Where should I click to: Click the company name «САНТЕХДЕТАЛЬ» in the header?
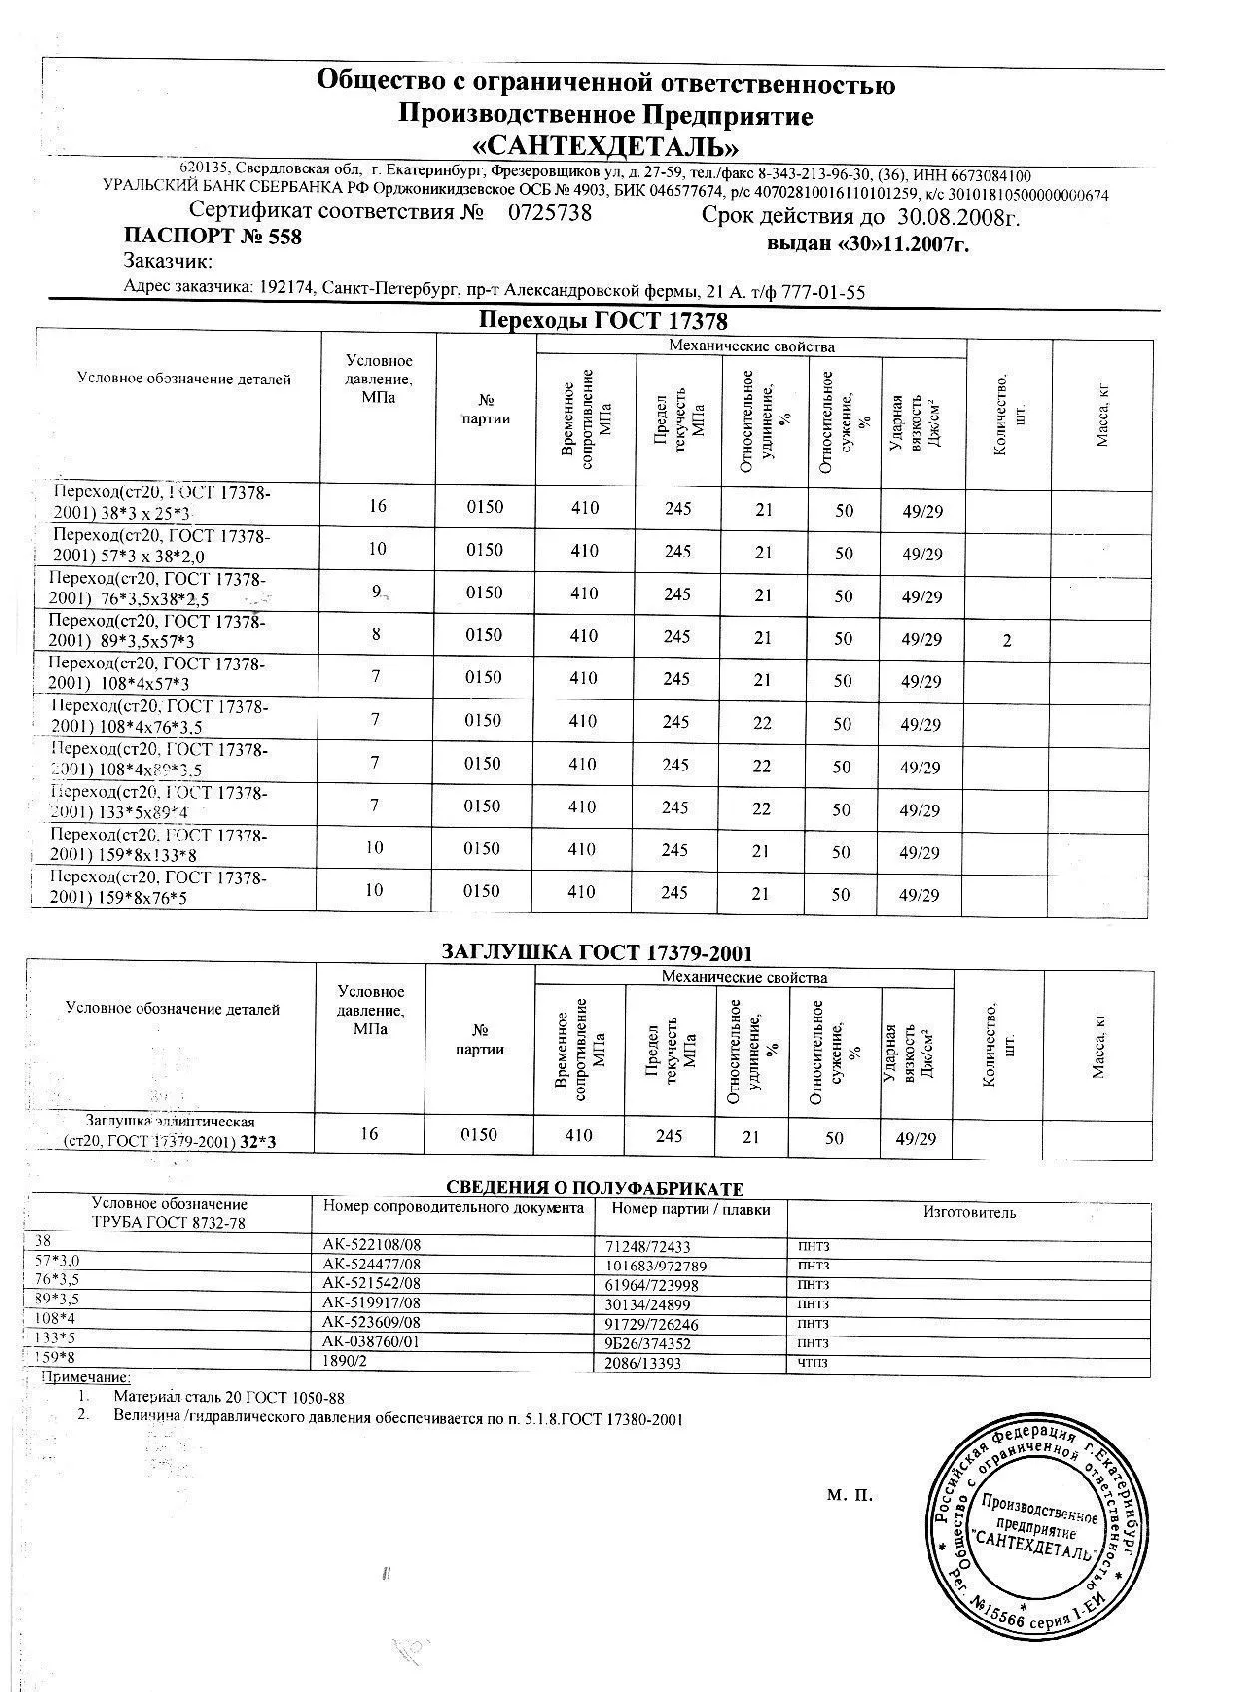coord(605,147)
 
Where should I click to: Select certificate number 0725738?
coord(550,213)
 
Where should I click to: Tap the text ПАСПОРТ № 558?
coord(212,237)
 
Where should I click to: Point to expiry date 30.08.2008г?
coord(957,216)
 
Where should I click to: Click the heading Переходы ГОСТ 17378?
coord(603,321)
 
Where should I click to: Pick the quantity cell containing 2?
coord(1007,640)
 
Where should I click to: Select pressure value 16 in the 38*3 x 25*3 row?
coord(377,506)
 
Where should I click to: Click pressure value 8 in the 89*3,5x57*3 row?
coord(376,634)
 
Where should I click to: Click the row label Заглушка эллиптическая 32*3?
coord(170,1131)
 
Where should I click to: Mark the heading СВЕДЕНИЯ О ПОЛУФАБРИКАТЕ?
coord(595,1188)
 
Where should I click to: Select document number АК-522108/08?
coord(372,1246)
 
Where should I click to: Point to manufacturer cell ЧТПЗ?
coord(813,1363)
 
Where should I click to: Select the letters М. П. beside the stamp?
coord(850,1495)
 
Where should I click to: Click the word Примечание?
coord(85,1378)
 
